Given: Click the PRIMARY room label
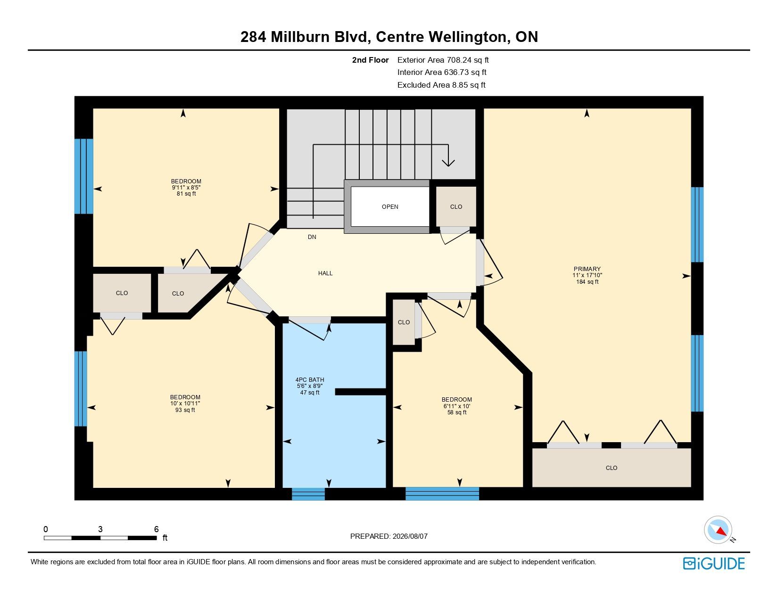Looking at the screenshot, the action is [587, 269].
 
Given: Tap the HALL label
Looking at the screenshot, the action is [325, 273].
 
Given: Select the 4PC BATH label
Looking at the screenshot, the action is [310, 380].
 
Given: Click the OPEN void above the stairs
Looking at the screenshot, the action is [390, 206].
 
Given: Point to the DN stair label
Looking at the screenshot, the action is [312, 237].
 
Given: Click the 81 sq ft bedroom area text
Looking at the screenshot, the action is [186, 194].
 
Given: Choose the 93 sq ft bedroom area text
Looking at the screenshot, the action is [185, 410].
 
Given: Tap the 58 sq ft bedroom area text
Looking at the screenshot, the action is [457, 412].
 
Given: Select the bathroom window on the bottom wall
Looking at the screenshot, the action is [308, 494].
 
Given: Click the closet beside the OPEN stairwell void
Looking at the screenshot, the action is [456, 206].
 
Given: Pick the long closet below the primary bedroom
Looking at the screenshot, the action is [612, 468].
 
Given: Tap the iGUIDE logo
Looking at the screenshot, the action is [714, 563].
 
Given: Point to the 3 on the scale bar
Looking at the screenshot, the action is [100, 529].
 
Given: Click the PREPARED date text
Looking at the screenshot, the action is [389, 536].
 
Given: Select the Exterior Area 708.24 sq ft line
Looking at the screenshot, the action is [443, 60].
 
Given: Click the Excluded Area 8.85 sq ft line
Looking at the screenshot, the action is [441, 85].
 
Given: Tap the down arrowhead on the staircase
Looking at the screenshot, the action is [448, 163].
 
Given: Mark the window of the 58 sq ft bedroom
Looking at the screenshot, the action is [442, 494].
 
